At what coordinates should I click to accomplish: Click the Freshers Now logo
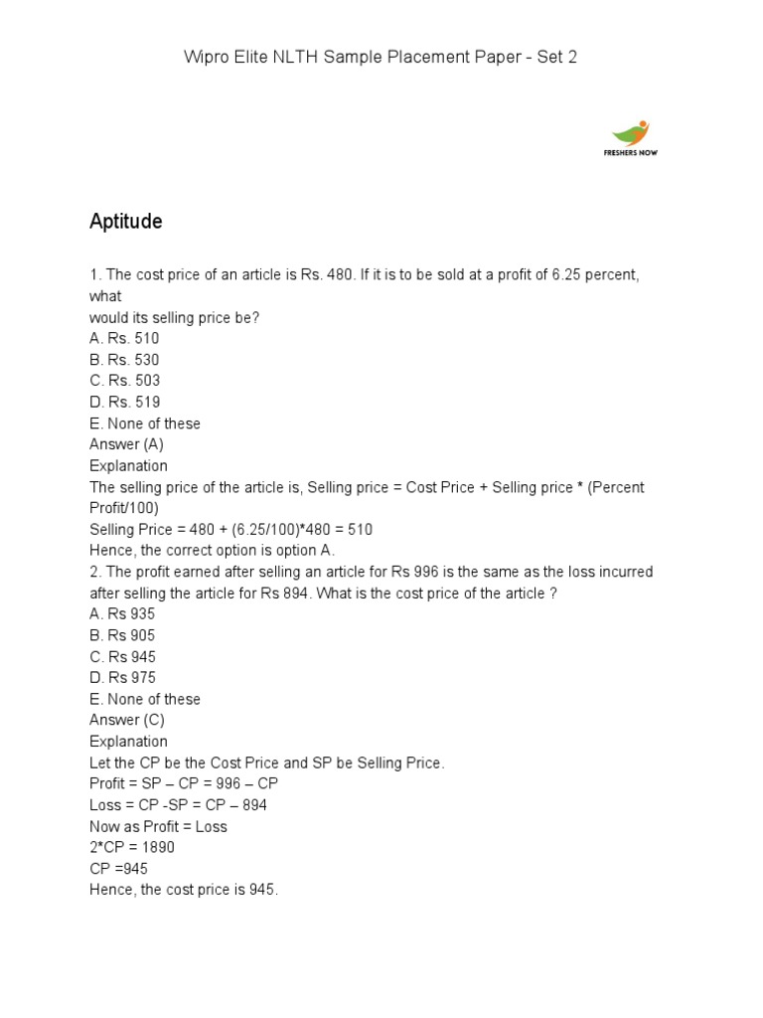(x=631, y=138)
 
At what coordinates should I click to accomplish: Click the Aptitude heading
(x=125, y=222)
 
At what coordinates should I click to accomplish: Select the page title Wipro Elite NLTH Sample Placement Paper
(x=381, y=57)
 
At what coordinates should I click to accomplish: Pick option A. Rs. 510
(x=124, y=338)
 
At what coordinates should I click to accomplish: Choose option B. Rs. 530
(x=124, y=360)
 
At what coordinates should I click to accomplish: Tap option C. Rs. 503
(x=124, y=381)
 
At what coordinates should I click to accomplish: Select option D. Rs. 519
(x=124, y=402)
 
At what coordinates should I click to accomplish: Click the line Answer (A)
(x=126, y=444)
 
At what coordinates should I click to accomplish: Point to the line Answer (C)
(x=126, y=720)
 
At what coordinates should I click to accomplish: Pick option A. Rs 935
(x=122, y=614)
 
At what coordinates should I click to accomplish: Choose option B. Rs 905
(x=122, y=635)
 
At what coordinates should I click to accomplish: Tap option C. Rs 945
(x=122, y=657)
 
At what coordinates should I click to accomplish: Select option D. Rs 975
(x=122, y=678)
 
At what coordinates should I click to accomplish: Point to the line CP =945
(x=118, y=868)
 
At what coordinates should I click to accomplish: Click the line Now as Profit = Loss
(x=158, y=826)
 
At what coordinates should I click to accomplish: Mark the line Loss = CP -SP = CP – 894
(x=178, y=804)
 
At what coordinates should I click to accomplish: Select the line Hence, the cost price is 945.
(x=184, y=890)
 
